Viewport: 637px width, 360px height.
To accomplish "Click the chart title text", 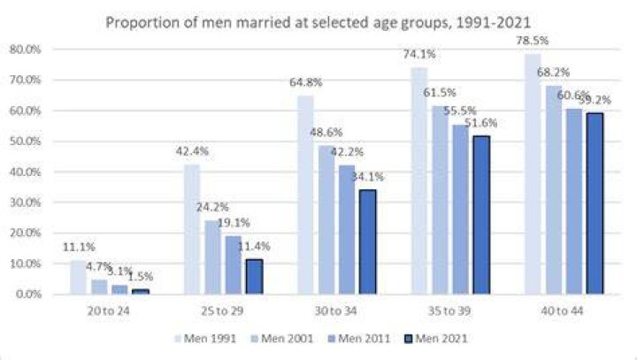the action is [318, 22].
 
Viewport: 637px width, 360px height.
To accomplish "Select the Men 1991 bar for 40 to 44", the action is [533, 174].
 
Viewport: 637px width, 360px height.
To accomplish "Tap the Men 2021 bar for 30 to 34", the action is [368, 241].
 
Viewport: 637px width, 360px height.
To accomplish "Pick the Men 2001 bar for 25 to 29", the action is [212, 257].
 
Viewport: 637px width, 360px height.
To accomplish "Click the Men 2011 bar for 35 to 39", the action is [461, 210].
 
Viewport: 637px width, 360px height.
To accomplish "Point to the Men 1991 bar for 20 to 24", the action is [78, 277].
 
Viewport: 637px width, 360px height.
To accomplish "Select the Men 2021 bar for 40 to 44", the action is [595, 203].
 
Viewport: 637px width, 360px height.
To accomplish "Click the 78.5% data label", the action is [533, 41].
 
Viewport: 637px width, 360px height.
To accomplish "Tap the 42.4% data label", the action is [192, 151].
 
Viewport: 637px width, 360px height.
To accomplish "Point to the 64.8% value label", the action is [305, 82].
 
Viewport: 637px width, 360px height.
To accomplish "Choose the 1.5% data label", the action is [141, 277].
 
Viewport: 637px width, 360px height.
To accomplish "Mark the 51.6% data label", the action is [481, 123].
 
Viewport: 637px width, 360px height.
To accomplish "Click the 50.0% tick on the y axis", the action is [25, 142].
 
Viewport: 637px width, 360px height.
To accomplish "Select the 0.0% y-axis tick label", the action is [28, 294].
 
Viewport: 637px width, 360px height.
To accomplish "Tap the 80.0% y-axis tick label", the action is [25, 50].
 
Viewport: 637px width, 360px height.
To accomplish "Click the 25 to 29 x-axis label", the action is [222, 310].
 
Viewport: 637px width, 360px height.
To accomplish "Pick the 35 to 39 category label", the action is [449, 310].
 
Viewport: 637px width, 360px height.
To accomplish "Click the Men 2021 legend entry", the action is [436, 339].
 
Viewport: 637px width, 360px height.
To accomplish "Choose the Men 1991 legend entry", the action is [205, 339].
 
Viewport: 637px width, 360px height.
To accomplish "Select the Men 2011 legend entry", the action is [358, 339].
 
